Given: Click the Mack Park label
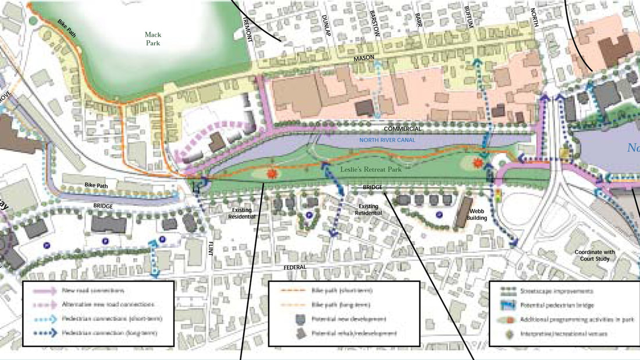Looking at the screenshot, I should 154,38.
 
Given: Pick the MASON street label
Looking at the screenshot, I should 362,59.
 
